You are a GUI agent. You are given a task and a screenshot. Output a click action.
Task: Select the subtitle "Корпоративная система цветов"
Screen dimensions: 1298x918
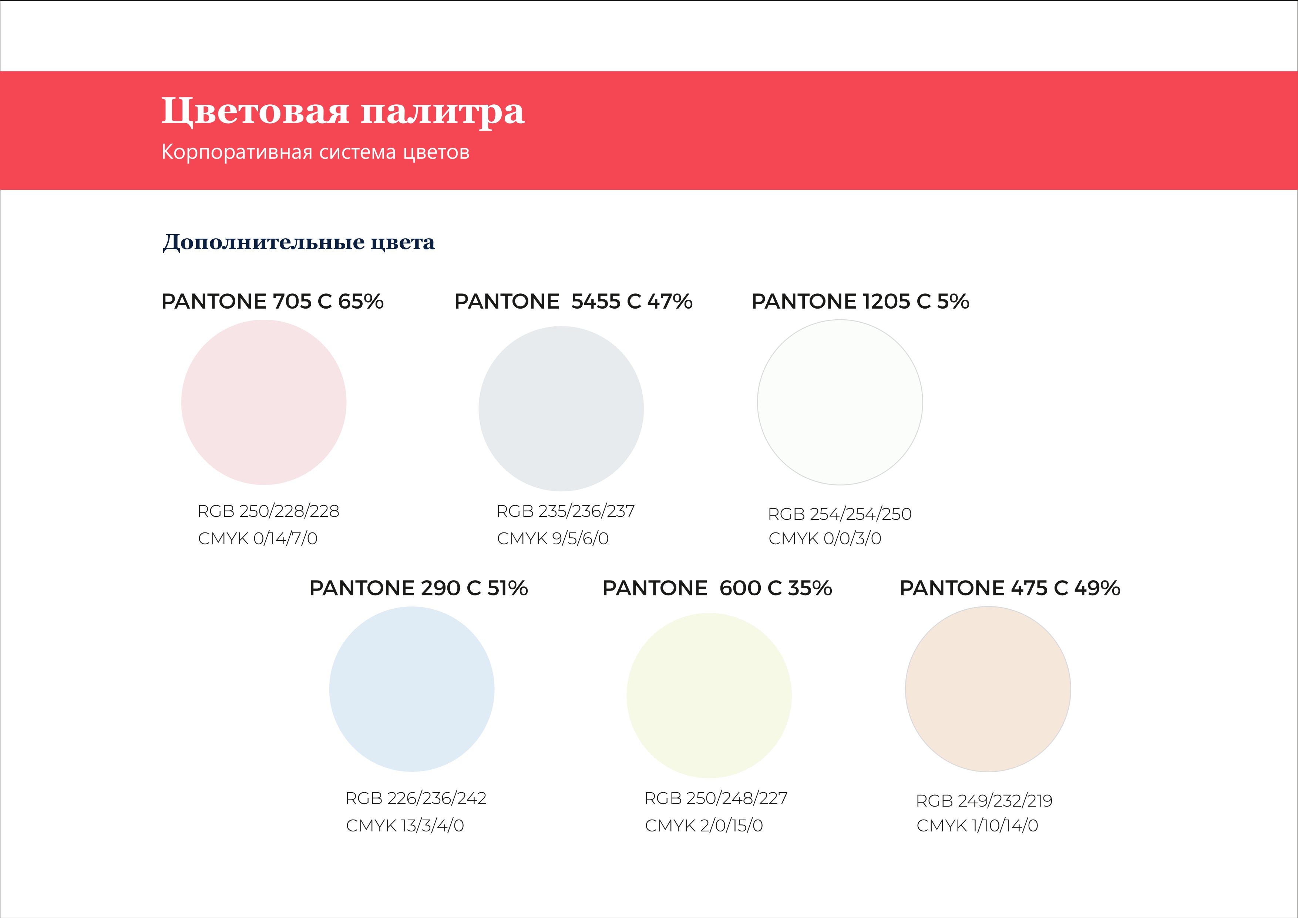click(316, 152)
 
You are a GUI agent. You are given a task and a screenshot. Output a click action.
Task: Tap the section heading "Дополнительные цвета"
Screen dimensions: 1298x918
click(299, 242)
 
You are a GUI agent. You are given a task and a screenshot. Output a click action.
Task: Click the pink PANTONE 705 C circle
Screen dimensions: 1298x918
click(264, 403)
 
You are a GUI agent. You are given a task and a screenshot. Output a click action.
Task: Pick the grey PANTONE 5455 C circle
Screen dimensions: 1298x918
click(561, 409)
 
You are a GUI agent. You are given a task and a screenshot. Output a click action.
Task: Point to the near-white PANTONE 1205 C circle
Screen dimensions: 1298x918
click(840, 403)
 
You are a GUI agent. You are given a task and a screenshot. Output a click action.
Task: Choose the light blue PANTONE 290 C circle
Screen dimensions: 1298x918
click(412, 689)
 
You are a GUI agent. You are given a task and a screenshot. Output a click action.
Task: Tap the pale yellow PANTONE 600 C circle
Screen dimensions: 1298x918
click(709, 695)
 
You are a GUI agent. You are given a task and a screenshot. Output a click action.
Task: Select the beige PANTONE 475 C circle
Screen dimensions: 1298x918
click(988, 689)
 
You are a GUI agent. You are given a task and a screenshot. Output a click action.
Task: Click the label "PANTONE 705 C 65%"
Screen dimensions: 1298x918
click(272, 301)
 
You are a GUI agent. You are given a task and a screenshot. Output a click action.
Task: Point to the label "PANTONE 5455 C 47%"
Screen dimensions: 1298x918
click(574, 301)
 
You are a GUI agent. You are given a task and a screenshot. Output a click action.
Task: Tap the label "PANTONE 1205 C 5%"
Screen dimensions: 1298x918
click(860, 301)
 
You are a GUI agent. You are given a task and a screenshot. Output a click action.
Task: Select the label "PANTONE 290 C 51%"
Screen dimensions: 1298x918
click(419, 588)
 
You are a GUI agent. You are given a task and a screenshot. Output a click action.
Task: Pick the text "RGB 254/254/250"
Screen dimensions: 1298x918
click(840, 514)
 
